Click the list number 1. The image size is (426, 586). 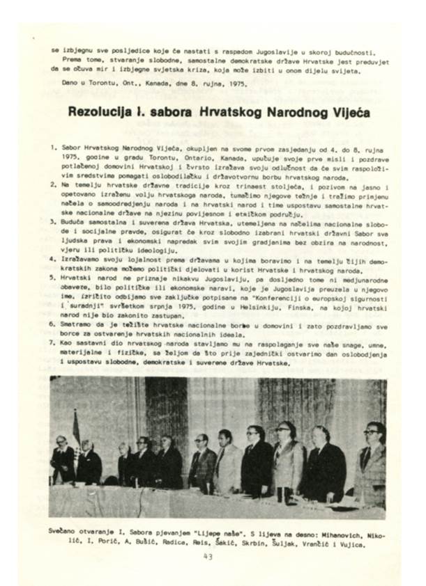point(53,149)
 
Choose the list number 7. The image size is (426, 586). point(53,336)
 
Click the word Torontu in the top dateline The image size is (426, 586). point(95,82)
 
